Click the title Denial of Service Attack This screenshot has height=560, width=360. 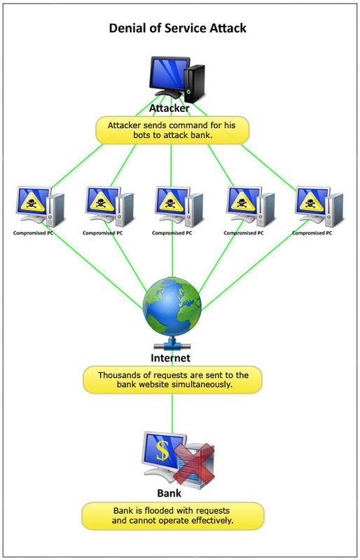(x=177, y=29)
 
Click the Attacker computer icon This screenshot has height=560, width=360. (x=175, y=78)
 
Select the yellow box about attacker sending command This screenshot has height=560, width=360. (x=172, y=130)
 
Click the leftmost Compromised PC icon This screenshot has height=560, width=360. (x=39, y=206)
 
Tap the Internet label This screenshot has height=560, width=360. (x=172, y=359)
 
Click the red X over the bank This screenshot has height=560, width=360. (x=193, y=462)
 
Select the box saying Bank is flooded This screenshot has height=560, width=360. (x=172, y=515)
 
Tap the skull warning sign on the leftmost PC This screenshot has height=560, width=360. (x=31, y=201)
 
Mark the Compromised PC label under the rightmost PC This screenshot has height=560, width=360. (x=312, y=233)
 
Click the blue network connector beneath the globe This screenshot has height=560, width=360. (x=172, y=346)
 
